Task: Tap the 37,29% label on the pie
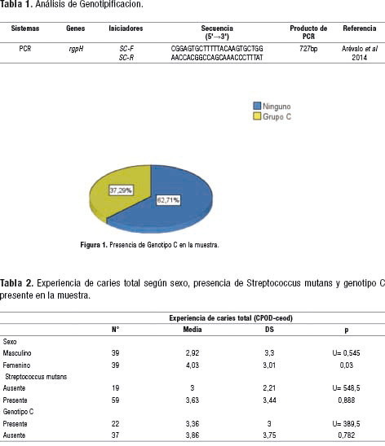(121, 190)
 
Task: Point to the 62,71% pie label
(168, 200)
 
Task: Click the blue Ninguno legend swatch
(257, 106)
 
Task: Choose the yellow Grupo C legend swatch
(257, 116)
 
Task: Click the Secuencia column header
(217, 32)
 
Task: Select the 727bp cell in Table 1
(308, 49)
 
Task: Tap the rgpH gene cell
(76, 49)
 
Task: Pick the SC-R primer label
(126, 58)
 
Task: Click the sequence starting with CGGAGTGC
(217, 49)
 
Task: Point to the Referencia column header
(360, 28)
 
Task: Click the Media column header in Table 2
(192, 330)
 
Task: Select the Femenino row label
(16, 365)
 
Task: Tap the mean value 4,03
(192, 365)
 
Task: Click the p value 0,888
(346, 400)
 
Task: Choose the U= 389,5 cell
(346, 424)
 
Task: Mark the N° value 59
(115, 400)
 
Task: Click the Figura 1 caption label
(94, 245)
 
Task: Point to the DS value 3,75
(269, 435)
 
